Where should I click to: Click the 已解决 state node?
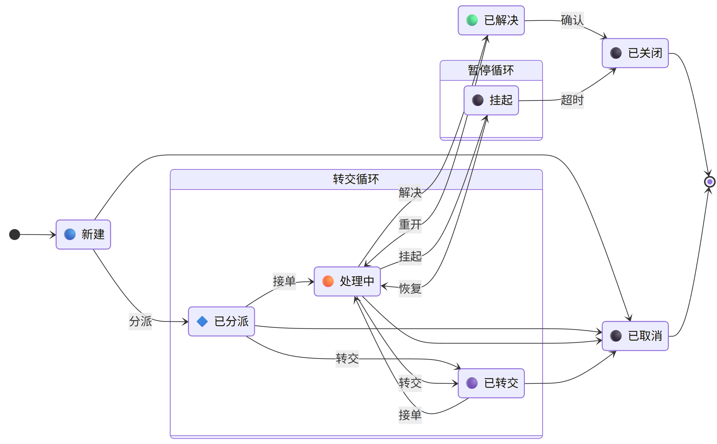click(x=491, y=20)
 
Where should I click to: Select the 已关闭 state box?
click(x=635, y=53)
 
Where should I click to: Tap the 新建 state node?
click(x=83, y=234)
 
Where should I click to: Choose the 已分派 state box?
click(x=221, y=321)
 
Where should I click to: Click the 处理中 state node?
click(x=347, y=281)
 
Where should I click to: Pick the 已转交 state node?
click(x=491, y=383)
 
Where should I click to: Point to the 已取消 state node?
click(x=635, y=336)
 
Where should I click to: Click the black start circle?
click(x=14, y=234)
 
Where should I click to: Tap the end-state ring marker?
click(x=709, y=182)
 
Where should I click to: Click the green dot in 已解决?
click(x=472, y=20)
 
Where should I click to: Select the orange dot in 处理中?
click(x=328, y=281)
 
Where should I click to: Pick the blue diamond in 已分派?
click(x=202, y=321)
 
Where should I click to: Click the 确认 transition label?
click(x=572, y=20)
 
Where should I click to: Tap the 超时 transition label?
click(x=572, y=100)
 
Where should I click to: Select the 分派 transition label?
click(x=140, y=321)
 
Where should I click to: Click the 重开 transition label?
click(x=410, y=224)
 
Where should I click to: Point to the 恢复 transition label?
click(x=410, y=288)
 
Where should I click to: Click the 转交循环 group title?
click(x=356, y=179)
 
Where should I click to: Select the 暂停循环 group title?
click(x=491, y=70)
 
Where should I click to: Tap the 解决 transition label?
click(x=410, y=193)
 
